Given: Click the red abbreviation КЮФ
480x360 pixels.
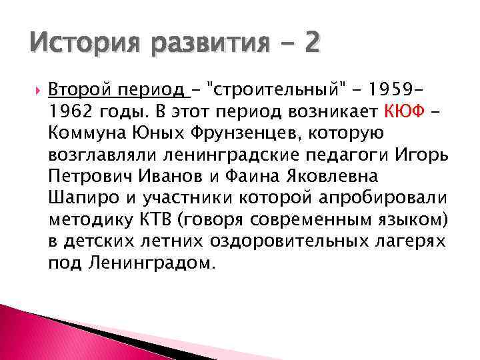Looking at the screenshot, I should tap(402, 110).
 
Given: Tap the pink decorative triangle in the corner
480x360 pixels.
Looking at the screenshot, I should tap(40, 333).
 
